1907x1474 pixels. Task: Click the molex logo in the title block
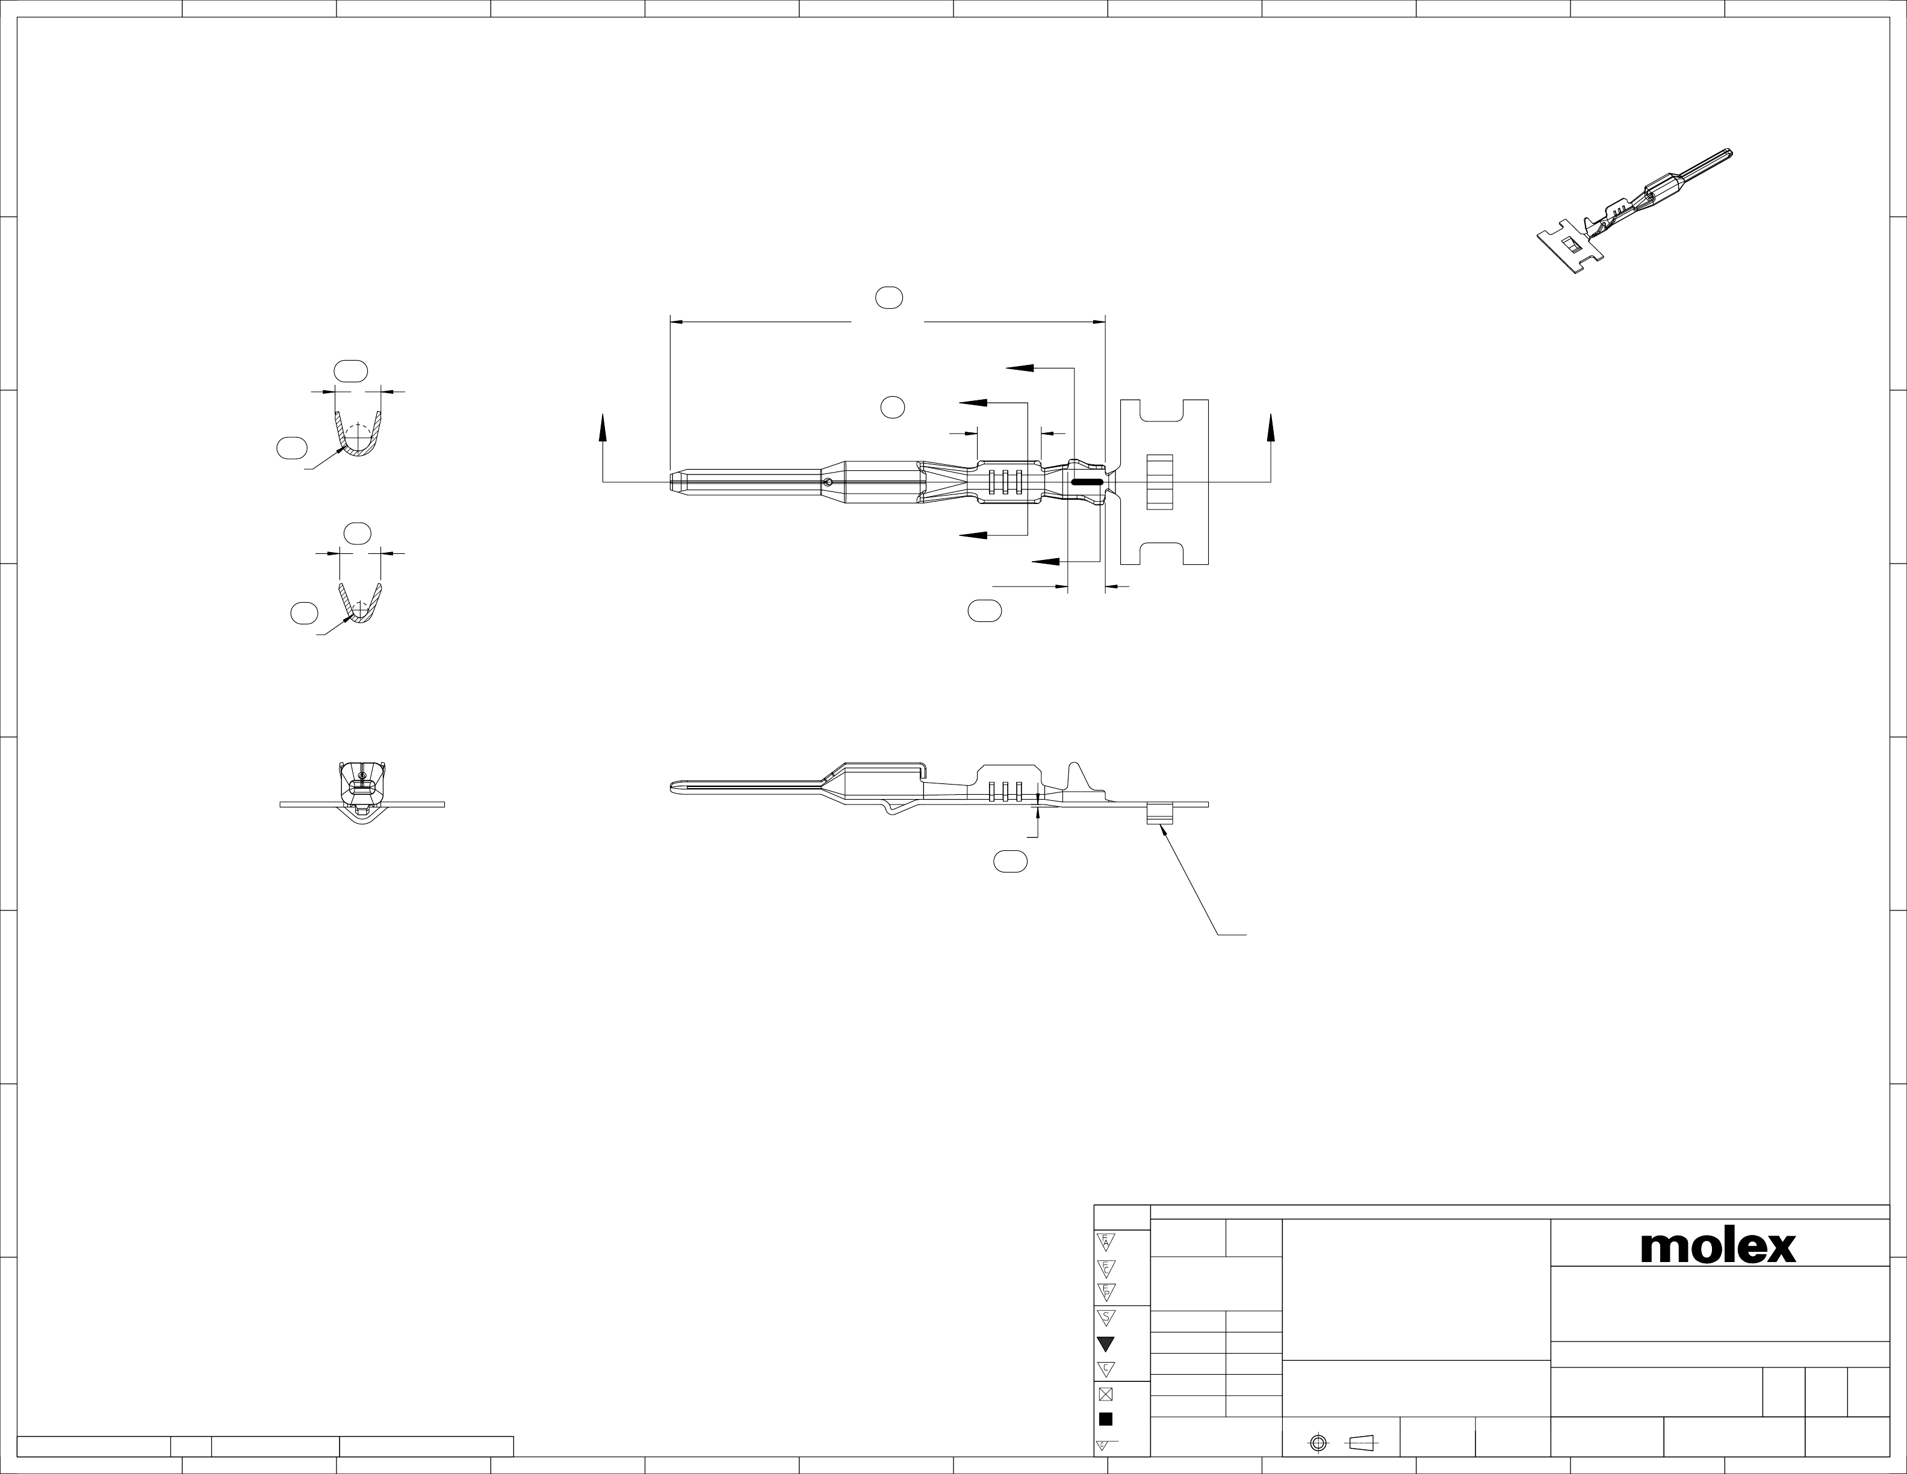(x=1717, y=1247)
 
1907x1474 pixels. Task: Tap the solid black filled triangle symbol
(x=1105, y=1344)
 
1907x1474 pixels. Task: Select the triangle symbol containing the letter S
(x=1105, y=1317)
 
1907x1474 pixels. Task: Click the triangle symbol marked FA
(x=1105, y=1241)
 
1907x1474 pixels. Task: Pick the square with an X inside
(x=1105, y=1395)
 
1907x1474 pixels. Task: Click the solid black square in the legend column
(x=1105, y=1419)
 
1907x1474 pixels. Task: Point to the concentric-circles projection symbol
(x=1318, y=1443)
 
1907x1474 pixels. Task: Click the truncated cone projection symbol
(x=1361, y=1443)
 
